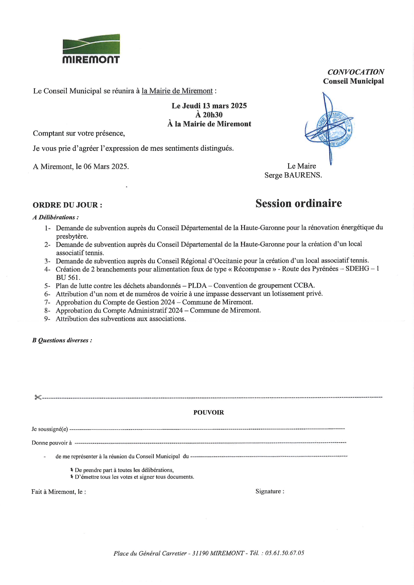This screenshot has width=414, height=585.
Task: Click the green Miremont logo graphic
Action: pos(91,44)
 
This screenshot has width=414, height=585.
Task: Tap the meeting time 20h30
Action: pos(209,115)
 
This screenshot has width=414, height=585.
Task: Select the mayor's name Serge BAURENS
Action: pos(293,175)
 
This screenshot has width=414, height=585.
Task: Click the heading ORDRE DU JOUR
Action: pos(67,205)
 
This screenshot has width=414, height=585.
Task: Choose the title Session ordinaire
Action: pos(298,203)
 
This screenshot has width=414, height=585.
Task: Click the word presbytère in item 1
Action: pos(72,236)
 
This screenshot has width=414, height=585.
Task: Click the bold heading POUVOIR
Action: pos(209,413)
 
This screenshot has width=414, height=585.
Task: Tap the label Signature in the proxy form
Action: pos(269,491)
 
